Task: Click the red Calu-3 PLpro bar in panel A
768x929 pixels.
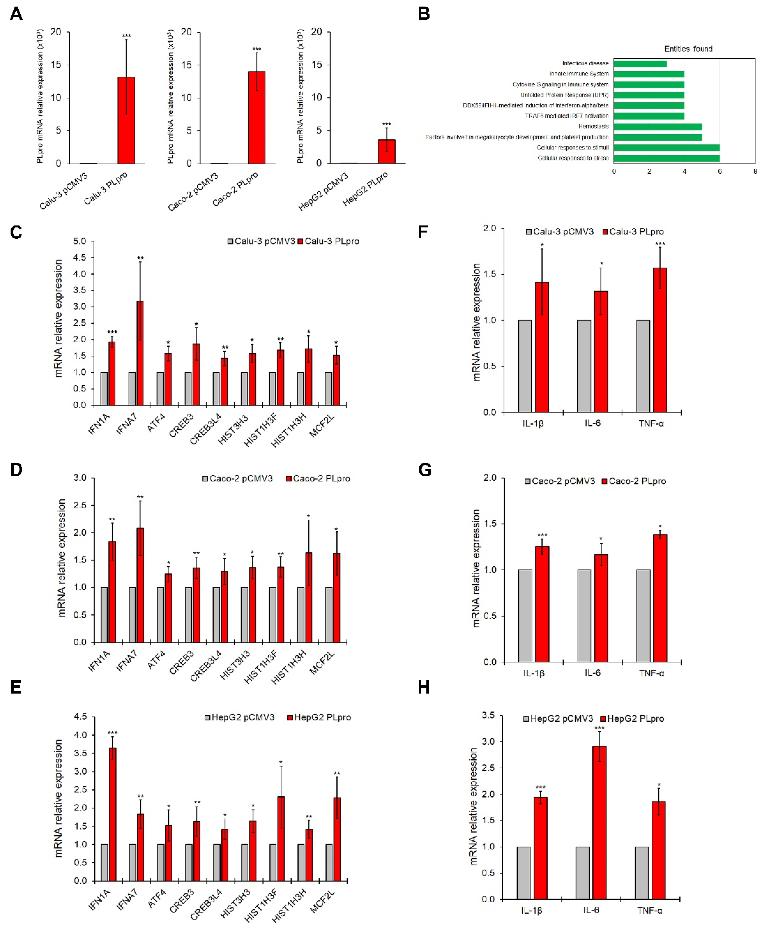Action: [x=126, y=120]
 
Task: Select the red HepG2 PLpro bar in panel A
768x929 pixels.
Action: [x=386, y=152]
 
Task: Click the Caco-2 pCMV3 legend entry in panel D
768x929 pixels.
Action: [x=237, y=478]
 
